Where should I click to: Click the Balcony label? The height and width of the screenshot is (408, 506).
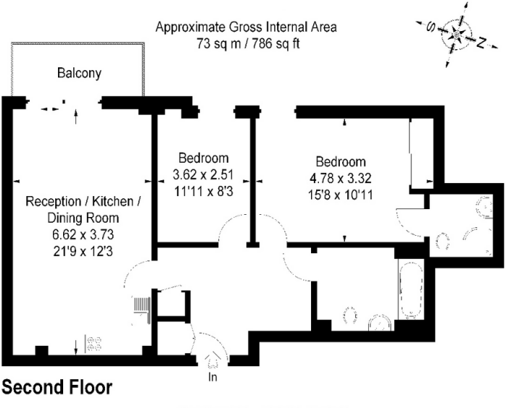point(80,73)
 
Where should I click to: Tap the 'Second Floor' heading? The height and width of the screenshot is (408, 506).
point(58,387)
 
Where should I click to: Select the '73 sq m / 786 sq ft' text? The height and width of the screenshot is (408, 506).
point(248,43)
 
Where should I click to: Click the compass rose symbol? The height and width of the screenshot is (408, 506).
point(456,35)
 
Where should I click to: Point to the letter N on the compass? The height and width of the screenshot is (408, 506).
point(481,42)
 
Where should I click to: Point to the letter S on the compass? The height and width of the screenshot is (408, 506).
point(431,27)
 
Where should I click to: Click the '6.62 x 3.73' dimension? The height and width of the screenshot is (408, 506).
point(83,234)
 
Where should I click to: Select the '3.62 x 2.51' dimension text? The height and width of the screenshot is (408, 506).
point(203,175)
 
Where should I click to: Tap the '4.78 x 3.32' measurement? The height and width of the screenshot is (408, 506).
point(341,178)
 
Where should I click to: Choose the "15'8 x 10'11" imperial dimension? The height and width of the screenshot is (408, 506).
point(341,195)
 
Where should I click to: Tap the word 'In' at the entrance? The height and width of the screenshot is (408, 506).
point(212,376)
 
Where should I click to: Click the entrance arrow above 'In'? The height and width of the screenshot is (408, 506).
point(212,360)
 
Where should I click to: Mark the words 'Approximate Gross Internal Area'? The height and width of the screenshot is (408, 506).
point(246,27)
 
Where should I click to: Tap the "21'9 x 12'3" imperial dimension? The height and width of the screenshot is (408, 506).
point(83,251)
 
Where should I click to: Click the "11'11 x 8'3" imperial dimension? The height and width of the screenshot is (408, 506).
point(204,192)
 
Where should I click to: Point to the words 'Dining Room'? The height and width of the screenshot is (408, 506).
point(83,218)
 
